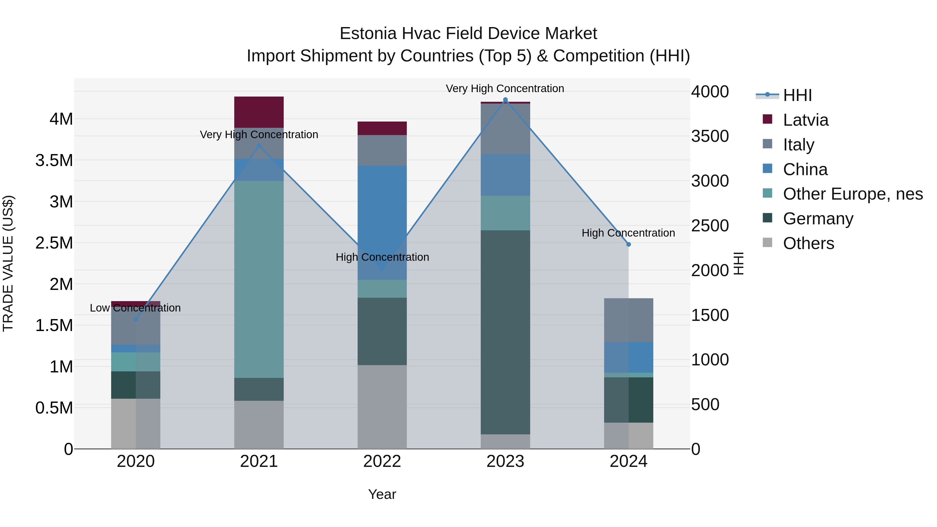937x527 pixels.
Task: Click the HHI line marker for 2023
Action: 505,100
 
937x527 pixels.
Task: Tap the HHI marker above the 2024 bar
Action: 629,244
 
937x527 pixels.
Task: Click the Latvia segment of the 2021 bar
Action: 259,112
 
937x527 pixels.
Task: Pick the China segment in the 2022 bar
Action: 382,222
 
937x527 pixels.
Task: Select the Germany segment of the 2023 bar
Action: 505,332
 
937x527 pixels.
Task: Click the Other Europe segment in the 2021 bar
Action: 259,279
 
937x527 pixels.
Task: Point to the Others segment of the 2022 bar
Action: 382,407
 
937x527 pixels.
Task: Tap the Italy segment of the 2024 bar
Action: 629,320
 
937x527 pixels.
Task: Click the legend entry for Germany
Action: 818,219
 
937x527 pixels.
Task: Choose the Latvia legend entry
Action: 805,120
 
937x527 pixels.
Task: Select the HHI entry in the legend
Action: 797,95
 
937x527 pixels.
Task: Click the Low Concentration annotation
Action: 135,308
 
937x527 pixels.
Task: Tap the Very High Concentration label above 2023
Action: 505,88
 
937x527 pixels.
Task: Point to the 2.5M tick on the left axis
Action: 54,243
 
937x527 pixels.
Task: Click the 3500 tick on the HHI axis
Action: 710,136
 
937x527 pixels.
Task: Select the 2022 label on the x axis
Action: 382,461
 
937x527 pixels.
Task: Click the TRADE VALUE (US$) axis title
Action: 8,263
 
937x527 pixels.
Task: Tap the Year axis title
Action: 382,494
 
